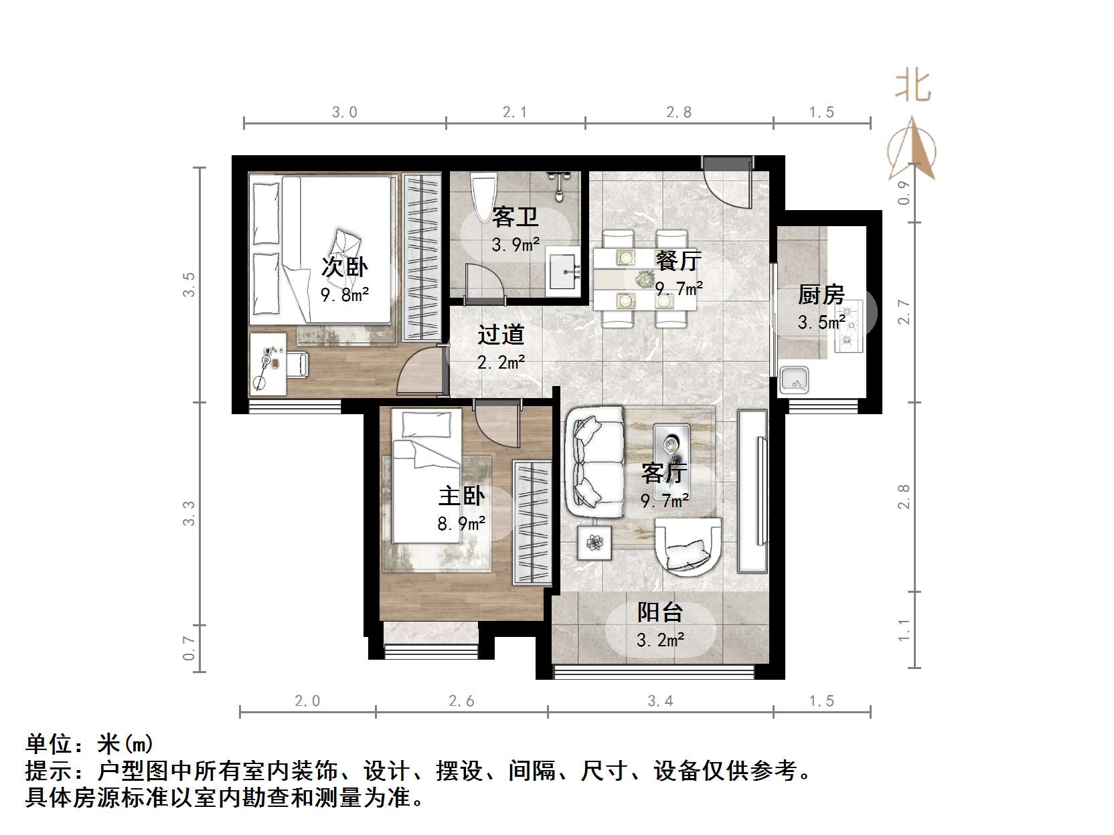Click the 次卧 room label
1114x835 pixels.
[x=345, y=267]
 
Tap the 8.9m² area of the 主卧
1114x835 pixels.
[x=461, y=523]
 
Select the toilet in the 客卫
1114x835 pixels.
[x=483, y=195]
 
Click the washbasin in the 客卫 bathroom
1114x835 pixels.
[x=563, y=271]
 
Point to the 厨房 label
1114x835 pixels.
[x=821, y=295]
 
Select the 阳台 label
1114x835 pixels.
[x=660, y=612]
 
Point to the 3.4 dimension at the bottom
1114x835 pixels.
[x=660, y=701]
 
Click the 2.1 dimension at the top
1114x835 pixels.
[x=515, y=112]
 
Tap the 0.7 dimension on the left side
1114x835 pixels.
[x=189, y=648]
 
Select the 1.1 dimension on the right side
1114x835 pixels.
[x=904, y=630]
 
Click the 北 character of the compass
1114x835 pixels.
[x=913, y=86]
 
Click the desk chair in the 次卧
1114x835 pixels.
[x=296, y=364]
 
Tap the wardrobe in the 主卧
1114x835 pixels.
[x=533, y=522]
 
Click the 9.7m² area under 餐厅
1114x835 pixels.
[x=679, y=289]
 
